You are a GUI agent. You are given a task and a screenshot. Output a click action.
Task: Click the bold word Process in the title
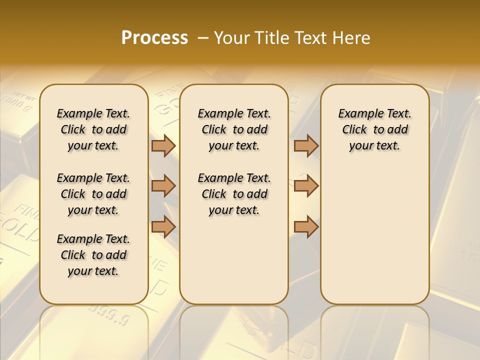coord(154,38)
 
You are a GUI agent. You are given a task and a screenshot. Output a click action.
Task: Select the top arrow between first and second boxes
coord(163,145)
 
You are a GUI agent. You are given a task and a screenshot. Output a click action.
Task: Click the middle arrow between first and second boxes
coord(163,186)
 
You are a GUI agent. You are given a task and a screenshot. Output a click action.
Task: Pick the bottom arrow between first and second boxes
coord(163,226)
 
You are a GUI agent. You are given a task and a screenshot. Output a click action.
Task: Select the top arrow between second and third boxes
coord(306,145)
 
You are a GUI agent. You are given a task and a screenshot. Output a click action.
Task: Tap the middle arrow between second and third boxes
coord(306,186)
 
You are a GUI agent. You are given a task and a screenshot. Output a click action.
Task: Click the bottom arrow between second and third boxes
coord(306,226)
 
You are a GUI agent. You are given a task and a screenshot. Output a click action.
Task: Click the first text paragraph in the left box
coord(93,129)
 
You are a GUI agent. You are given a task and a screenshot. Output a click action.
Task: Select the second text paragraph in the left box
coord(93,194)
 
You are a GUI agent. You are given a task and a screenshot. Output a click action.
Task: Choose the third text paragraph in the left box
coord(93,255)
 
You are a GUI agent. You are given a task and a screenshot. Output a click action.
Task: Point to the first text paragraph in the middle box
coord(234,129)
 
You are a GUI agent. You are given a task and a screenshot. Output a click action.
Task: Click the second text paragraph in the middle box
coord(234,194)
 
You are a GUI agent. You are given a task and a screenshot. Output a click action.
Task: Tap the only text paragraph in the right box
coord(375,129)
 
